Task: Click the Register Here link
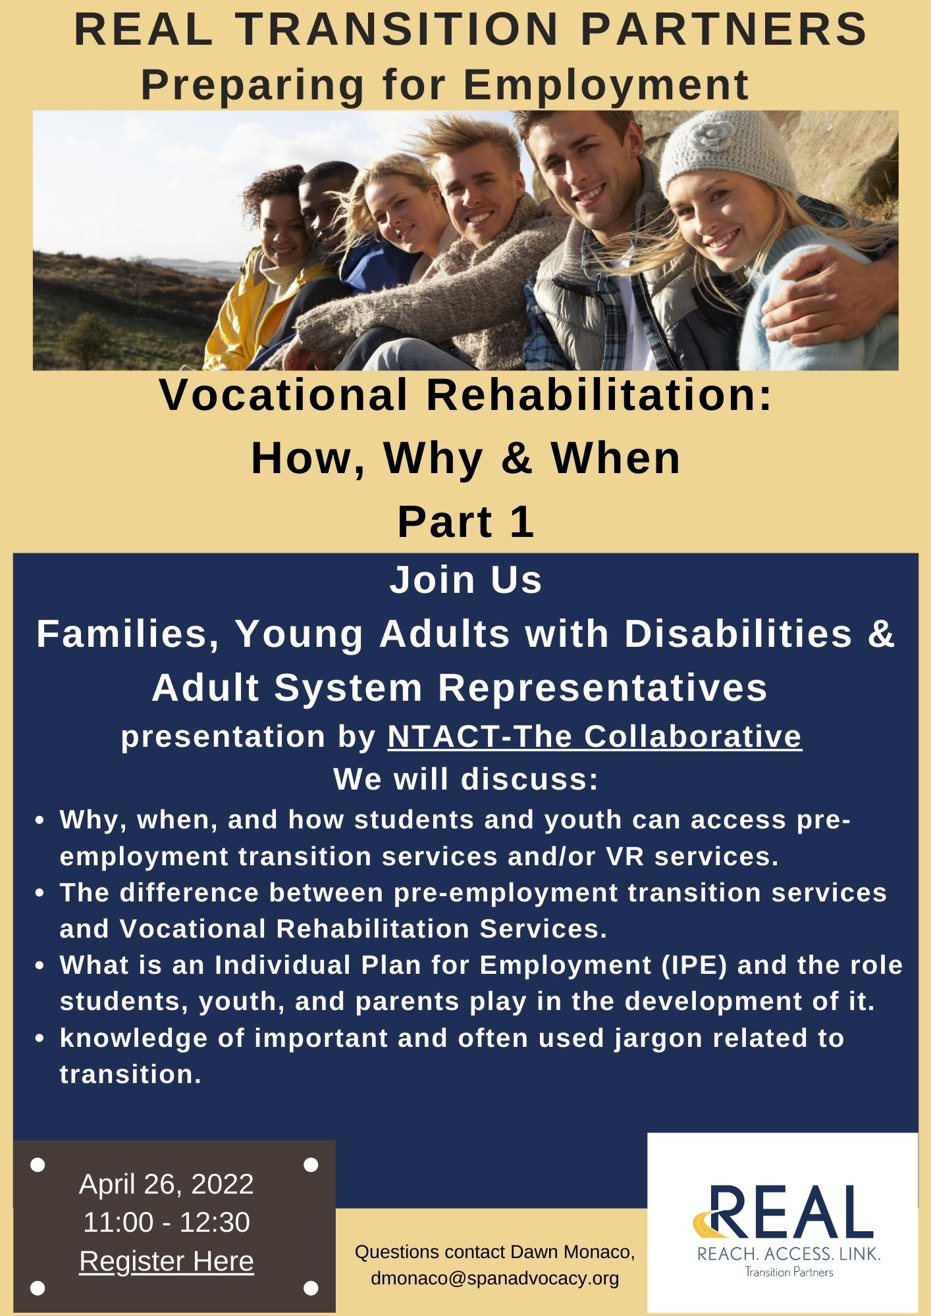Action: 167,1261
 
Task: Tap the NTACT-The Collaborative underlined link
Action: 595,736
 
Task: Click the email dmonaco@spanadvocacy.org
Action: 495,1278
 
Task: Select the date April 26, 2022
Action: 167,1184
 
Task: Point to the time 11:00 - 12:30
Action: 167,1223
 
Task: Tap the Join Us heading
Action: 465,580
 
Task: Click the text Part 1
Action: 465,522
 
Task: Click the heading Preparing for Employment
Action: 445,85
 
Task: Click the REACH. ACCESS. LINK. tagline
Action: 788,1254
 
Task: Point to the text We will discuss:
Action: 465,779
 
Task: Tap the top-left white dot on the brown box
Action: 38,1165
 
